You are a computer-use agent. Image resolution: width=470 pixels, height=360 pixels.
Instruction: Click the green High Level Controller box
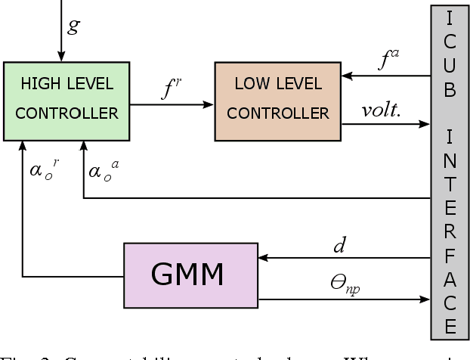66,101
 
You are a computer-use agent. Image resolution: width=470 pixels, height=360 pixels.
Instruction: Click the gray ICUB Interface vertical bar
450,170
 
